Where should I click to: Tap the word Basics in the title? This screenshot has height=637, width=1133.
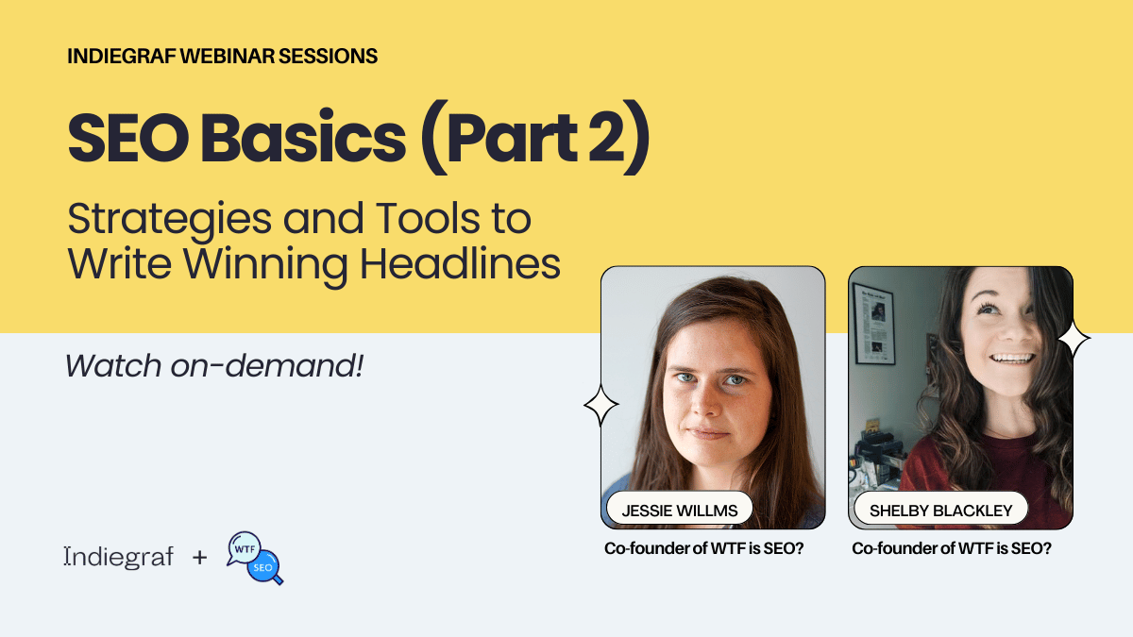click(303, 138)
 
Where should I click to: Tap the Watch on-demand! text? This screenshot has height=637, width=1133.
click(214, 365)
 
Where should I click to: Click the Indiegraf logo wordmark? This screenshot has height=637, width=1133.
click(119, 557)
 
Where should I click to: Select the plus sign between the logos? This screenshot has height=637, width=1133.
click(200, 557)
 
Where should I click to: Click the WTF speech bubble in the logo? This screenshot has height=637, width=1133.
click(244, 548)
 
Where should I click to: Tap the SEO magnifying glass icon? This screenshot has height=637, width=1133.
click(264, 567)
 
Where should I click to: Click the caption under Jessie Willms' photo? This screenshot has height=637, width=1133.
click(704, 548)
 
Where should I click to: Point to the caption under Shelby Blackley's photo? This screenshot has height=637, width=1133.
click(952, 548)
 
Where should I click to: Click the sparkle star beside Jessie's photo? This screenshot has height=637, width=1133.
click(600, 405)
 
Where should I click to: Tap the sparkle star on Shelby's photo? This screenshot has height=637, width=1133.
click(1074, 338)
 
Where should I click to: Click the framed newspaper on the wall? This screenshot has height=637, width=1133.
click(874, 324)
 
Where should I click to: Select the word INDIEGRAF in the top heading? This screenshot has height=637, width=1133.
click(122, 56)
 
